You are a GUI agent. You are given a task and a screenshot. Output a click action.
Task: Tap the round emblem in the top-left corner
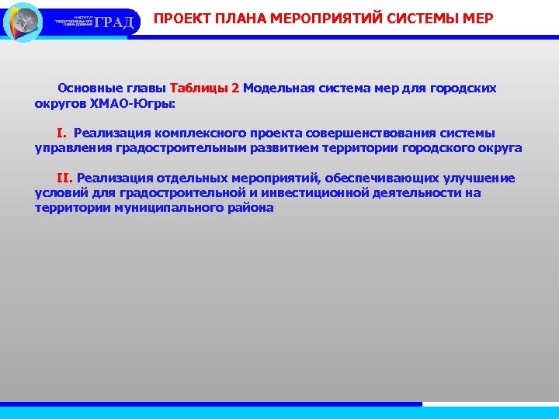[23, 21]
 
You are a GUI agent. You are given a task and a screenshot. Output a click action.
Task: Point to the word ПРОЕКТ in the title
[179, 18]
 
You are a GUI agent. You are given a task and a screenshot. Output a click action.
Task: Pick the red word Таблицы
[199, 88]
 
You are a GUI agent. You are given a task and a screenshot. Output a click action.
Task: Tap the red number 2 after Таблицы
[234, 88]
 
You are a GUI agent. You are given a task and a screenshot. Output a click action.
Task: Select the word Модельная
[278, 88]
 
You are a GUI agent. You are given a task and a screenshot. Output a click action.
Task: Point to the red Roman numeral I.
[61, 133]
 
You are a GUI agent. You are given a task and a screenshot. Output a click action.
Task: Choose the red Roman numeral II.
[64, 178]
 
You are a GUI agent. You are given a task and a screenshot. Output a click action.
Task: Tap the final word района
[250, 208]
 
